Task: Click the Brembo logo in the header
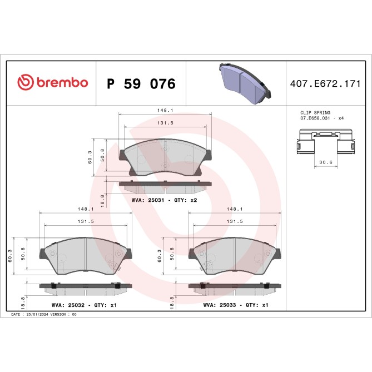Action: [52, 83]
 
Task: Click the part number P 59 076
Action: [141, 84]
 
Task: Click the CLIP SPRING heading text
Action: [315, 113]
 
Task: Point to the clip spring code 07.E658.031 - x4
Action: [323, 119]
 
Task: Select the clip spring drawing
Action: [325, 141]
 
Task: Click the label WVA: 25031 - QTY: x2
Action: [165, 200]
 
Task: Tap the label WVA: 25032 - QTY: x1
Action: [84, 305]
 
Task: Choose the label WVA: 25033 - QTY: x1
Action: [236, 305]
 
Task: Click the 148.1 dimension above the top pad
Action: [165, 110]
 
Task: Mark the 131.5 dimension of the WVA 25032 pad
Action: [85, 221]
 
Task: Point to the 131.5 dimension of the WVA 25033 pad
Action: [235, 221]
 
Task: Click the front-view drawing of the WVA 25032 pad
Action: [85, 255]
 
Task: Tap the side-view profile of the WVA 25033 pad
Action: [234, 287]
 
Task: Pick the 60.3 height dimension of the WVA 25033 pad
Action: [160, 254]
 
